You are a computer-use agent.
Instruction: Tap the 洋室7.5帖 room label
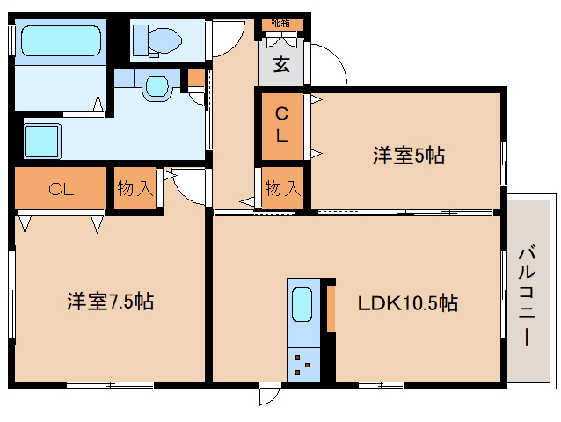tap(110, 302)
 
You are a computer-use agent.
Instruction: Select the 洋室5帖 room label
tap(407, 156)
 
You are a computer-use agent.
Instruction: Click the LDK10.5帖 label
tap(406, 304)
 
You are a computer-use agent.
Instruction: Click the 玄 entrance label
tap(280, 64)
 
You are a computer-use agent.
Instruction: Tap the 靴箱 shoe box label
tap(280, 24)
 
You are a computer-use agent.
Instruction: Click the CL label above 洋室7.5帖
tap(61, 188)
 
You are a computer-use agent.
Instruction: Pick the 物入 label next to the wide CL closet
tap(136, 188)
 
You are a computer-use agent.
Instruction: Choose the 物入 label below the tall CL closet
tap(282, 188)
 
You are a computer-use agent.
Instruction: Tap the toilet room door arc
tap(228, 31)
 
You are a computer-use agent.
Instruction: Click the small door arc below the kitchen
tap(268, 394)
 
